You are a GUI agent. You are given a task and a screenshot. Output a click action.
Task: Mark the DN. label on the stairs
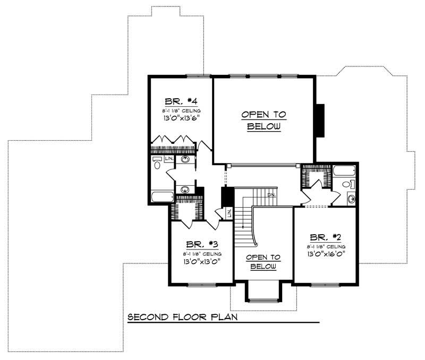(x=271, y=194)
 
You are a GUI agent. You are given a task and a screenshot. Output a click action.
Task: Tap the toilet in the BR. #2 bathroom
(x=347, y=185)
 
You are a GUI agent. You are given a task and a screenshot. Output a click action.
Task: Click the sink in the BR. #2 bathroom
(x=351, y=199)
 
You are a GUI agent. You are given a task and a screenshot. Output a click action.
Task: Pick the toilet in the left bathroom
(x=157, y=162)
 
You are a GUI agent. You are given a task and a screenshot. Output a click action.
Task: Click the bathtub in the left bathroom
(x=161, y=198)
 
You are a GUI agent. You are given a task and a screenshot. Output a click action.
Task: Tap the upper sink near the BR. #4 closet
(x=185, y=159)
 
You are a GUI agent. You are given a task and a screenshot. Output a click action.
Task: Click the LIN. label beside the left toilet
(x=169, y=159)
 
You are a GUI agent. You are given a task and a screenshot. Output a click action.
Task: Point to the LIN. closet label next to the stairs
(x=229, y=213)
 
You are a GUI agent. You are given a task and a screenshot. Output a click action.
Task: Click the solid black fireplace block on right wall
(x=320, y=121)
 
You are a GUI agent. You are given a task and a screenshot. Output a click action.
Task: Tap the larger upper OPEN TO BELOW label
(x=263, y=121)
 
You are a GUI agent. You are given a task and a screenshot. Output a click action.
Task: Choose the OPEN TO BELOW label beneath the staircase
(x=263, y=261)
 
